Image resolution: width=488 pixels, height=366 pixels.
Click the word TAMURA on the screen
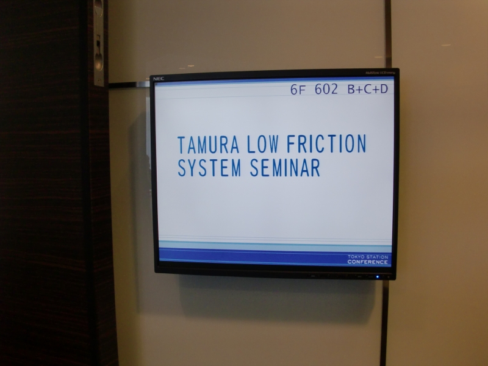(x=208, y=145)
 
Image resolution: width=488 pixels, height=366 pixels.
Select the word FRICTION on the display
(x=326, y=143)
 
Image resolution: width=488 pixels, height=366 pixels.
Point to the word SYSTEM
(x=209, y=168)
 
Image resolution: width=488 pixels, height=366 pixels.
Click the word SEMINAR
(x=285, y=167)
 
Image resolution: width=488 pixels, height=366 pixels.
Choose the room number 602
(x=326, y=89)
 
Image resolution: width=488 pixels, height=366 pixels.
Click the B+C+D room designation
(x=368, y=89)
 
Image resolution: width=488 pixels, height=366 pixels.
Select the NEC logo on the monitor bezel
(x=159, y=79)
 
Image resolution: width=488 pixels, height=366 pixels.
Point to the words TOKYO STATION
(x=368, y=257)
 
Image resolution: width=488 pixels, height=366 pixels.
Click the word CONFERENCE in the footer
(x=368, y=262)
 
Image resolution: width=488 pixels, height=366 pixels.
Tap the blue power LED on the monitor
(x=378, y=277)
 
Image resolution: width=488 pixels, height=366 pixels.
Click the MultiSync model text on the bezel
(x=380, y=73)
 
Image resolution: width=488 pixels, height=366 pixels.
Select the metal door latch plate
(x=99, y=43)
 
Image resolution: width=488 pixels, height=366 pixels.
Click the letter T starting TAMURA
(x=181, y=145)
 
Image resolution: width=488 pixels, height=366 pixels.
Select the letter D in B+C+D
(x=384, y=89)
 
